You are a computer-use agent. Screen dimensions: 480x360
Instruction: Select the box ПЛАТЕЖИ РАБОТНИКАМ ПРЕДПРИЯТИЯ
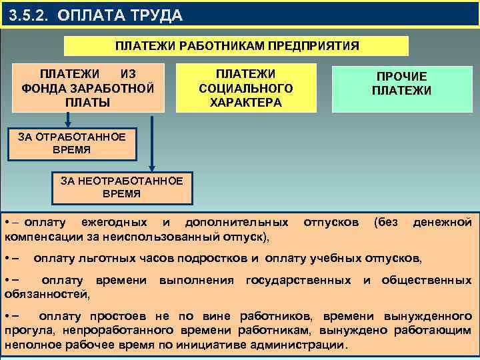pyautogui.click(x=237, y=45)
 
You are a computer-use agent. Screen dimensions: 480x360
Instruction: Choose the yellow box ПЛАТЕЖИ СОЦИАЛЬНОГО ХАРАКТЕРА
pyautogui.click(x=246, y=87)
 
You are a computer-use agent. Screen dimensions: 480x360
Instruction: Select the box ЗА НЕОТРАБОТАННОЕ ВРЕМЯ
pyautogui.click(x=121, y=187)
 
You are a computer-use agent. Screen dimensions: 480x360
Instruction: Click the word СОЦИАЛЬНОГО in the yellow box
pyautogui.click(x=246, y=88)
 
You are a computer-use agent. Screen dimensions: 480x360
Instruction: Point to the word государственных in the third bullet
pyautogui.click(x=299, y=280)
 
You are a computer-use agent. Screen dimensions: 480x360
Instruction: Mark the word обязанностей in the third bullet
pyautogui.click(x=47, y=293)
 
